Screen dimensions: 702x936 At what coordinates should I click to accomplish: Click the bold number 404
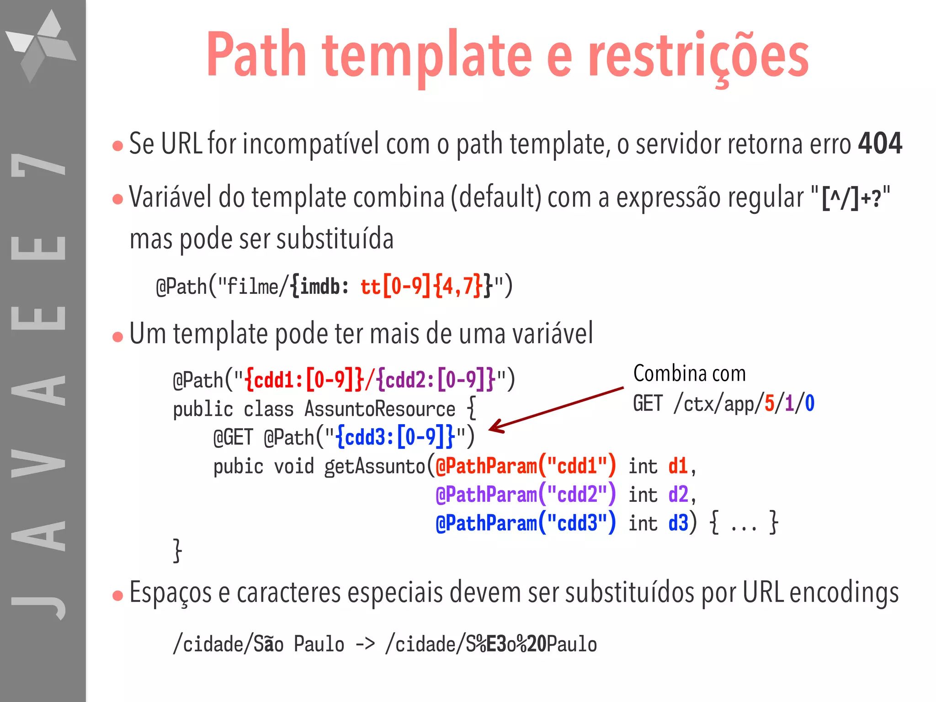(880, 144)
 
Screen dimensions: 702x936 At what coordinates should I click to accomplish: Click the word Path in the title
(256, 55)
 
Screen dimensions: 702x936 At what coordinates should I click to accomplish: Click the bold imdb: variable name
(320, 287)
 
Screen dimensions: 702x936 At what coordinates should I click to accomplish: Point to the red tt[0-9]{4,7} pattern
(421, 287)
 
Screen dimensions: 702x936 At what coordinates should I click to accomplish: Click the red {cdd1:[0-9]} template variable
(304, 380)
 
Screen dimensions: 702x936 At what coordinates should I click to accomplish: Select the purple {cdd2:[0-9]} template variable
(436, 380)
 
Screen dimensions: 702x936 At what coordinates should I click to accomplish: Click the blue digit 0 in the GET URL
(809, 404)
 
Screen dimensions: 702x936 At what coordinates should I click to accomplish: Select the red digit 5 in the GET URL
(769, 404)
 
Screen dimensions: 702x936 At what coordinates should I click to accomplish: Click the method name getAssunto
(375, 467)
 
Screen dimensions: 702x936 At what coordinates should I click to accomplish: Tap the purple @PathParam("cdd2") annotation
(526, 495)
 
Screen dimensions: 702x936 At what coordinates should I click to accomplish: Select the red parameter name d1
(678, 467)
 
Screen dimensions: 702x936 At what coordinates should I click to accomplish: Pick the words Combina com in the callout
(689, 374)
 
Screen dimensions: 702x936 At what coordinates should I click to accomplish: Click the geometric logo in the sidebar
(41, 46)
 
